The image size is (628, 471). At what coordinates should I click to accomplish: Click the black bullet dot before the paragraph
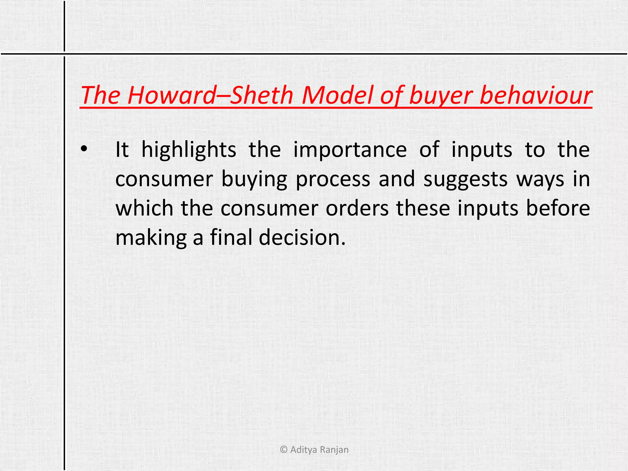pos(84,150)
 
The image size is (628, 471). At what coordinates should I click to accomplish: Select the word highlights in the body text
pos(189,150)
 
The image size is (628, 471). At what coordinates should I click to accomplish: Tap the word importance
pos(350,150)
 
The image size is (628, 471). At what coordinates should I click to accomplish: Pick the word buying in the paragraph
pos(254,179)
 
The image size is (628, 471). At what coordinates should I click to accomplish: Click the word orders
pos(357,208)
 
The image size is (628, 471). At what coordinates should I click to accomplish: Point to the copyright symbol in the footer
pos(284,450)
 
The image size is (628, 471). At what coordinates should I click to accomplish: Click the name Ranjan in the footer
pos(334,450)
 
